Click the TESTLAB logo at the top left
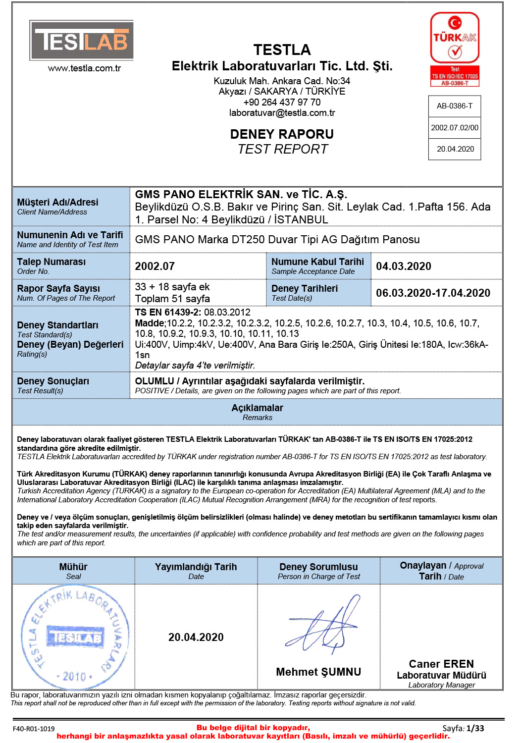pyautogui.click(x=82, y=40)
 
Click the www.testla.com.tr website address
pyautogui.click(x=84, y=68)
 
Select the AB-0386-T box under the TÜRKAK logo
pyautogui.click(x=455, y=106)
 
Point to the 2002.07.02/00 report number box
pyautogui.click(x=455, y=128)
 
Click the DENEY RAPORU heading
pyautogui.click(x=282, y=134)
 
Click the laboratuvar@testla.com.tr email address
pyautogui.click(x=282, y=113)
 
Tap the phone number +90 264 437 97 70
pyautogui.click(x=282, y=103)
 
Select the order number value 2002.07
pyautogui.click(x=155, y=266)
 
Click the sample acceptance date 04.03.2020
pyautogui.click(x=404, y=266)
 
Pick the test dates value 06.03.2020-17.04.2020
pyautogui.click(x=433, y=293)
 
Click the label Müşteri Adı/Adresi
pyautogui.click(x=57, y=202)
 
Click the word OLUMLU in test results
pyautogui.click(x=155, y=381)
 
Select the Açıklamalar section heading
pyautogui.click(x=258, y=408)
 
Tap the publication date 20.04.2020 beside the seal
pyautogui.click(x=196, y=637)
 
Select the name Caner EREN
pyautogui.click(x=441, y=664)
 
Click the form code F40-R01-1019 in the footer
pyautogui.click(x=34, y=729)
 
